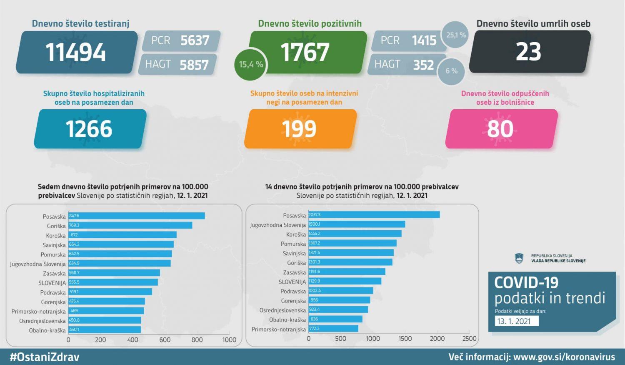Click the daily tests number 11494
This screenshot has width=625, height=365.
coord(76,53)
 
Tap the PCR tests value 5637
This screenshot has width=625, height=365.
coord(195,40)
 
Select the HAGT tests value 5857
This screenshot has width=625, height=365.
coord(194,65)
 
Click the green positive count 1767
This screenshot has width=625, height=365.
coord(305,53)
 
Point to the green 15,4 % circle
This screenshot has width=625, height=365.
coord(251,65)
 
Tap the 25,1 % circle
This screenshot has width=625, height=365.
coord(456,35)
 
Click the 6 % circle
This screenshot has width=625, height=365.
coord(451,71)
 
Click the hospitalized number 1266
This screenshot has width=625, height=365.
coord(89,129)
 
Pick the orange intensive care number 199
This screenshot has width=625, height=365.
coord(299,129)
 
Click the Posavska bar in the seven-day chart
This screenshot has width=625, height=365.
coord(137,216)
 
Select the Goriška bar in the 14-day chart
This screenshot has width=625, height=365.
coord(350,262)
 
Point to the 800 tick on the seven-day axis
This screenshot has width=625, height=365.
coord(197,340)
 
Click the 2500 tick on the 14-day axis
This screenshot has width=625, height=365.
coord(469,339)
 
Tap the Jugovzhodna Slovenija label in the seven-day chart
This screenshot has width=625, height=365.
coord(38,264)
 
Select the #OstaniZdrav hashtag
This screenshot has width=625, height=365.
coord(44,357)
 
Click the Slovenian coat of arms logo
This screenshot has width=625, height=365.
coord(519,258)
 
